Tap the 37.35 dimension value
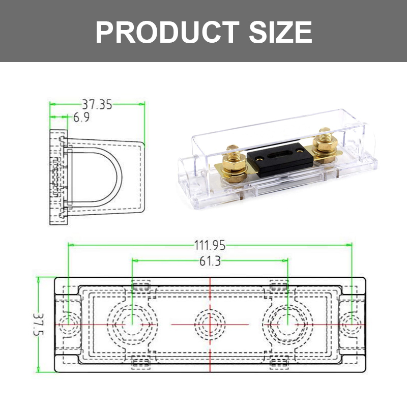(x=97, y=104)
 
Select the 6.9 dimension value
(x=81, y=118)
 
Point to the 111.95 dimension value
(x=210, y=246)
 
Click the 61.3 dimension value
(x=210, y=261)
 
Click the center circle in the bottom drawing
(x=210, y=324)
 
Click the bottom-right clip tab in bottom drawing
(x=279, y=363)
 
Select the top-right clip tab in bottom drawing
(x=279, y=285)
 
